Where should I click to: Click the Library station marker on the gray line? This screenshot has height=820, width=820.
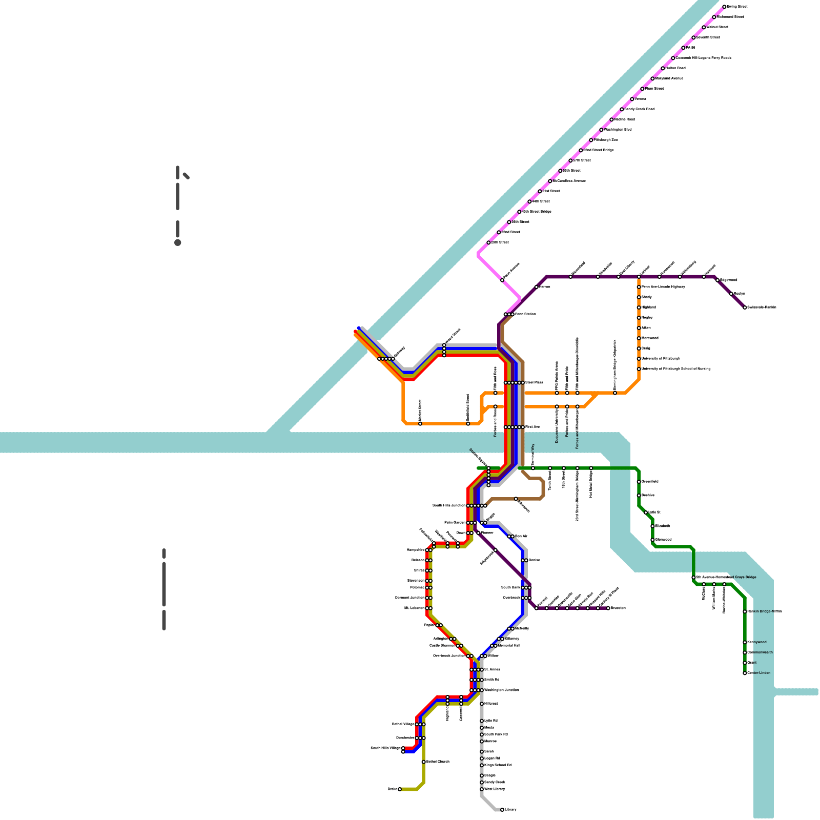coord(502,810)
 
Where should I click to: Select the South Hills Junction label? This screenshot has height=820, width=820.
coord(448,506)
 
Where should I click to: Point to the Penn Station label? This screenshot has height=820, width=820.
coord(525,314)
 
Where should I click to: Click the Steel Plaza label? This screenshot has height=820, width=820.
coord(534,383)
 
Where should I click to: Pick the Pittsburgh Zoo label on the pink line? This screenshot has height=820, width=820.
coord(606,140)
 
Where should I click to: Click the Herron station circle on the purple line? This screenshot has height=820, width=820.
coord(537,287)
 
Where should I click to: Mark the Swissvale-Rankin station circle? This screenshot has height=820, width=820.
coord(745,307)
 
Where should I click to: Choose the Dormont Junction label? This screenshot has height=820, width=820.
coord(409,598)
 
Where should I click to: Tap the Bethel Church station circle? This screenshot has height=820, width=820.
coord(423,762)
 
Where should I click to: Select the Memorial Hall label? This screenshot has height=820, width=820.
coord(509,646)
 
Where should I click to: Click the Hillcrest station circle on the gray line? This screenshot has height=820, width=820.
coord(482,704)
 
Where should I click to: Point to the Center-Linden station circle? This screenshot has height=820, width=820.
coord(745,673)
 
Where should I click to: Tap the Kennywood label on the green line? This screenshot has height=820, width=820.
coord(757,642)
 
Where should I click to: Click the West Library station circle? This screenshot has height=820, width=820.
coord(482,789)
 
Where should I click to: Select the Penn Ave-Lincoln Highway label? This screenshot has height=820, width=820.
coord(663,287)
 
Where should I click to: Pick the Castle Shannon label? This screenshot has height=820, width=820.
coord(442,646)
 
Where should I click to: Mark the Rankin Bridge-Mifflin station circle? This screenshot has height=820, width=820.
coord(745,611)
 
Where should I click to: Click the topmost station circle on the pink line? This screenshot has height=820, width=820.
coord(724,7)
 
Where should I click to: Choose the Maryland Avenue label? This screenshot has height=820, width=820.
coord(669,78)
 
